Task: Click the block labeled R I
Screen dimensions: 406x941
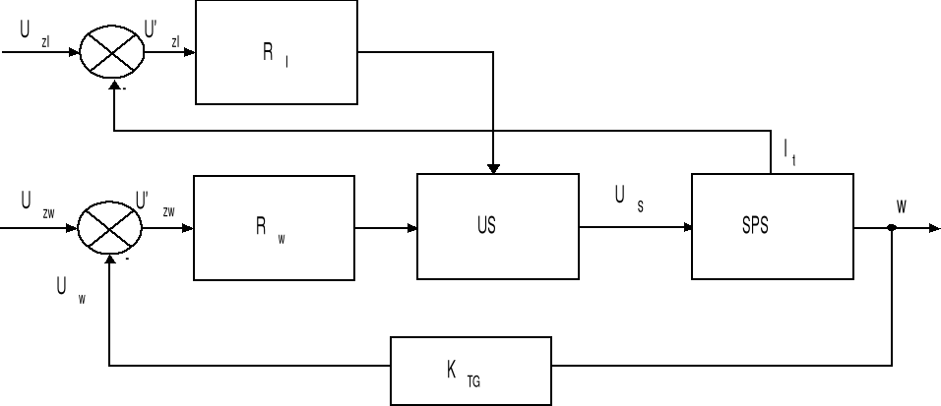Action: (276, 52)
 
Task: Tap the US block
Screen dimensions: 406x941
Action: (497, 227)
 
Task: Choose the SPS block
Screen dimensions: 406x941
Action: (772, 226)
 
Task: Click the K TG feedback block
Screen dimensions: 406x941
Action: (470, 371)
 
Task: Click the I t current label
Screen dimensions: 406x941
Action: (789, 152)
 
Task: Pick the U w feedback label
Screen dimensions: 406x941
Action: (69, 290)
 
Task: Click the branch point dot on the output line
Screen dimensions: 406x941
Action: (892, 228)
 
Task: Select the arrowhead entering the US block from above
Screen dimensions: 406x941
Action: (493, 168)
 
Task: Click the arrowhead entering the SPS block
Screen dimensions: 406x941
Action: (687, 228)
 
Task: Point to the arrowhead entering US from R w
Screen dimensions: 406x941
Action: (412, 228)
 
